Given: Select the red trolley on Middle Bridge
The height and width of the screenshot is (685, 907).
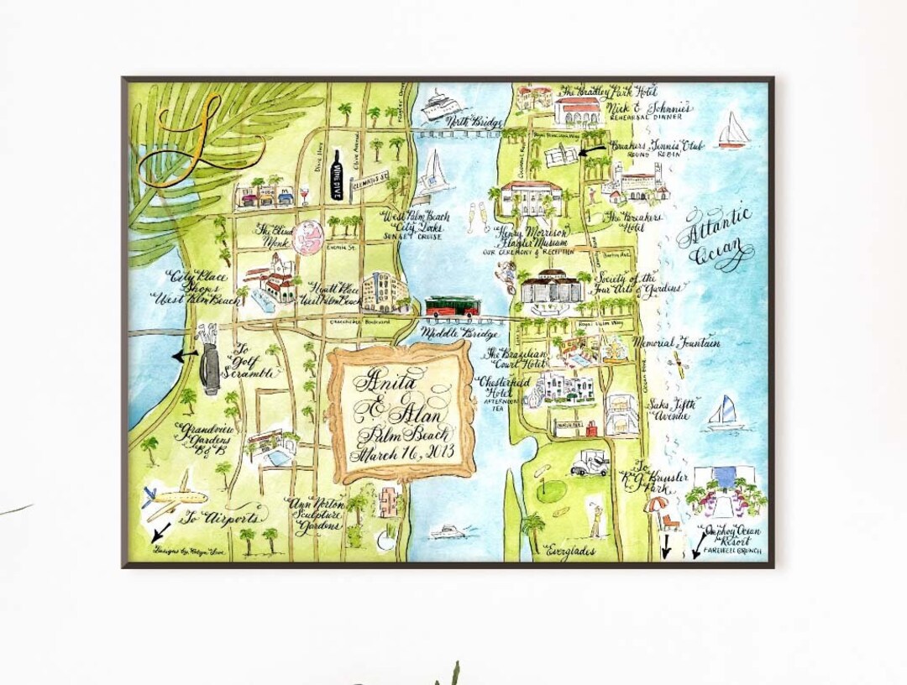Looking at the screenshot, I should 452,306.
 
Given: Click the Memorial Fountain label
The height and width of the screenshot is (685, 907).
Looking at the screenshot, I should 679,342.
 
